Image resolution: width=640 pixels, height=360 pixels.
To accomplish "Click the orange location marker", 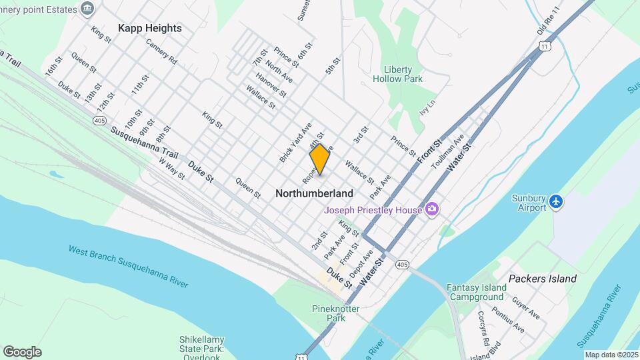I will coord(319,159).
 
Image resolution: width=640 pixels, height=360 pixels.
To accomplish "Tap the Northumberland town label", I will coord(314,193).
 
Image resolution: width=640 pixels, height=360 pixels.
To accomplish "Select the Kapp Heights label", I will coord(149,28).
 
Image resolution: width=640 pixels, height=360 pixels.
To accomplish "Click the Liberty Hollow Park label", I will coord(403,74).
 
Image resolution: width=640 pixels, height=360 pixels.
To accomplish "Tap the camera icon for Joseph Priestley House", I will coord(432,210).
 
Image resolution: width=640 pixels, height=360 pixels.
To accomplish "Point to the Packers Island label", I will coord(542,278).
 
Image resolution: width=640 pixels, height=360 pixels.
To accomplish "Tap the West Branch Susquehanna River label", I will coord(128,266).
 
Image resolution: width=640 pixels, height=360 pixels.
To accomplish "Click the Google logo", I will coord(22,351).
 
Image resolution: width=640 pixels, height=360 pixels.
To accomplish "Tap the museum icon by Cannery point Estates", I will coord(87,8).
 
